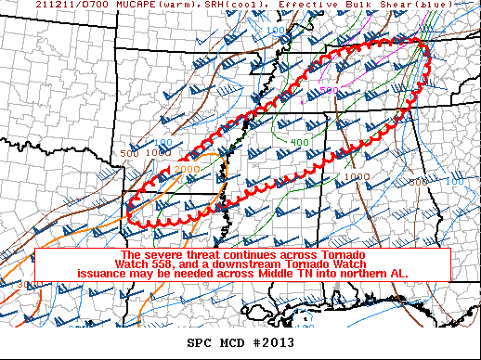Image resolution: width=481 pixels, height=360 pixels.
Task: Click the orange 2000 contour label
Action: point(187,170)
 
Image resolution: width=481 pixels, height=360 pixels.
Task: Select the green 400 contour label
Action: point(299,142)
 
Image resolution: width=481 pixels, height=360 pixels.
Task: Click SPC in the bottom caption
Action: point(200,342)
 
